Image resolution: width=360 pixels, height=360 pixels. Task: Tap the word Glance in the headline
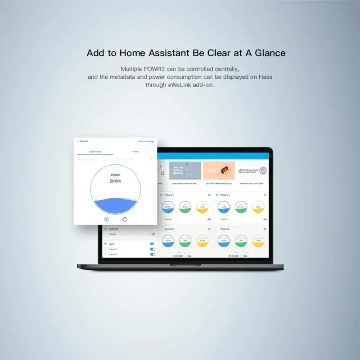coord(269,53)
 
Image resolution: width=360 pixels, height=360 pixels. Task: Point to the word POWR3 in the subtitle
coord(155,69)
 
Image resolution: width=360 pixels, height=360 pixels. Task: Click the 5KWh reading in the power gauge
coord(116,181)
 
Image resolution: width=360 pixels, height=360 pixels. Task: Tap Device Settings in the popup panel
coord(146,141)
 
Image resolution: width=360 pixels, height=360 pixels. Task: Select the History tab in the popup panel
coord(136,152)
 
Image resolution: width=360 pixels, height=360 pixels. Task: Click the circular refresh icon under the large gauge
coord(125,219)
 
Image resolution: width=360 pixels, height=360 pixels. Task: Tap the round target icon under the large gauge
coord(107,219)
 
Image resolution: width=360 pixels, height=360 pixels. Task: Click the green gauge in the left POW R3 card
coord(185,207)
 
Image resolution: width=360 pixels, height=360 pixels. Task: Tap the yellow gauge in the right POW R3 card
coord(257,207)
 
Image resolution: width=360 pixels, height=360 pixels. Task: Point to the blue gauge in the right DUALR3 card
coord(223,240)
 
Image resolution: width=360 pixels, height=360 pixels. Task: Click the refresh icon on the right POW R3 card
coord(265,195)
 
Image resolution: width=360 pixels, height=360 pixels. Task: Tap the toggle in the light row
coord(153,244)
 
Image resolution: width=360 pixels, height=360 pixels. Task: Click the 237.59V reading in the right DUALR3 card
coord(233,256)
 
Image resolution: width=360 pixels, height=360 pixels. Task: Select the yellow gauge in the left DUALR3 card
coord(202,240)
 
